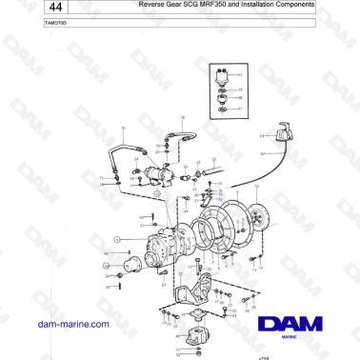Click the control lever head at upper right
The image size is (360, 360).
283,135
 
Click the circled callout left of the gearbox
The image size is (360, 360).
117,238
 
